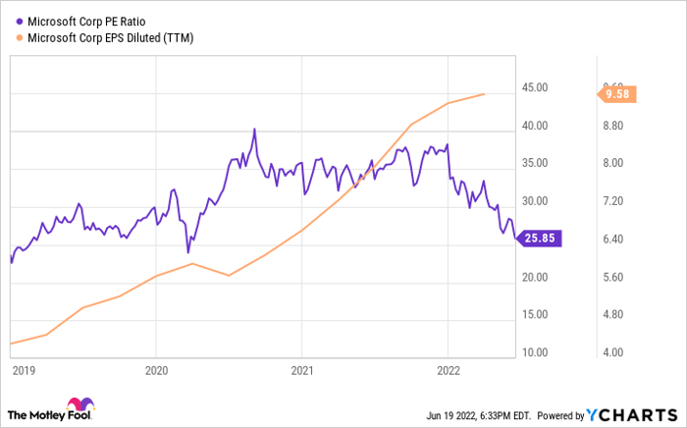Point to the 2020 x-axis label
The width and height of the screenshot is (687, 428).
156,373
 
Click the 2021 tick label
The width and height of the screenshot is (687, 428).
302,373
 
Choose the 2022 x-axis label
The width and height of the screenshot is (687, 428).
449,373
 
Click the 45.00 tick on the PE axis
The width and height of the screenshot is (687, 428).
535,88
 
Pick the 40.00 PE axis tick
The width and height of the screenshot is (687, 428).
535,126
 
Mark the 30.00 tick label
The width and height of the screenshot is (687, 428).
535,201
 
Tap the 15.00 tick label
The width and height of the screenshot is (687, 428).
535,315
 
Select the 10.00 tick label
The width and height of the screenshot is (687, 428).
535,352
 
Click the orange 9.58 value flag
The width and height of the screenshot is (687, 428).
618,94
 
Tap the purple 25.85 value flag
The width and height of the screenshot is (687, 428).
539,237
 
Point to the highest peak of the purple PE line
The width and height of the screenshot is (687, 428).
254,129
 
